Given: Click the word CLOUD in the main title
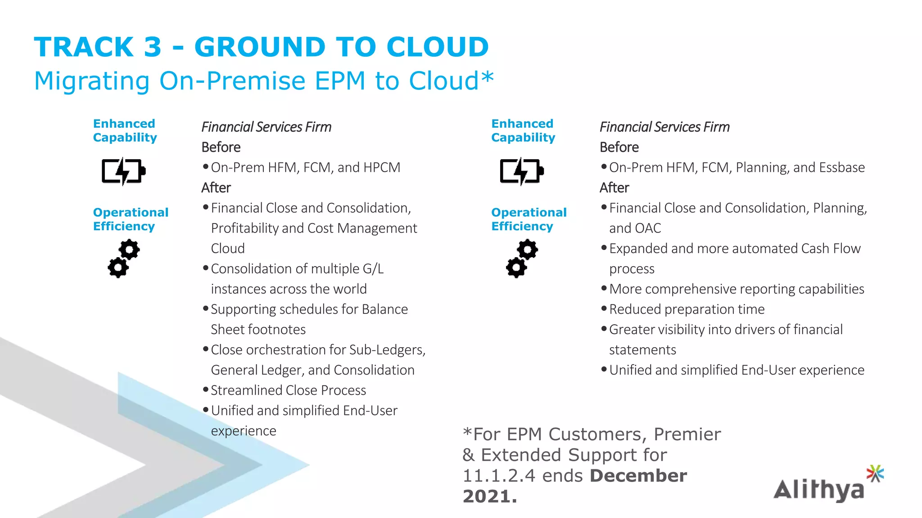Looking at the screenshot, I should [x=437, y=47].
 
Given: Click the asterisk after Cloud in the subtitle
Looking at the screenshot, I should [x=487, y=77].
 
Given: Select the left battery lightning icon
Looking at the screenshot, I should [x=123, y=171].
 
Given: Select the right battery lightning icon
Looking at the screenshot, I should [x=522, y=171].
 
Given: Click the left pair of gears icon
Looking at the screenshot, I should [x=123, y=259].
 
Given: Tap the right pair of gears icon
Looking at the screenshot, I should [x=522, y=259].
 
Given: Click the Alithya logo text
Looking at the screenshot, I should [x=818, y=490].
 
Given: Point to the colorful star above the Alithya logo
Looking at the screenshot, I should [x=875, y=473].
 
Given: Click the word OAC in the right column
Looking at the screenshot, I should [x=648, y=228].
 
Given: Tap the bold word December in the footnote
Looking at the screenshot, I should [x=638, y=476].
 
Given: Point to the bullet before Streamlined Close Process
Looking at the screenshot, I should [x=206, y=389].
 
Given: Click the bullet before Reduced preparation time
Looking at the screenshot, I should [x=604, y=308].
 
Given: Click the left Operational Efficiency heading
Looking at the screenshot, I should [x=131, y=219].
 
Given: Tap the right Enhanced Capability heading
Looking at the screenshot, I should [x=523, y=130].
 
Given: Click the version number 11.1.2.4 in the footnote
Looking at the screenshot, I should [x=499, y=476].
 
